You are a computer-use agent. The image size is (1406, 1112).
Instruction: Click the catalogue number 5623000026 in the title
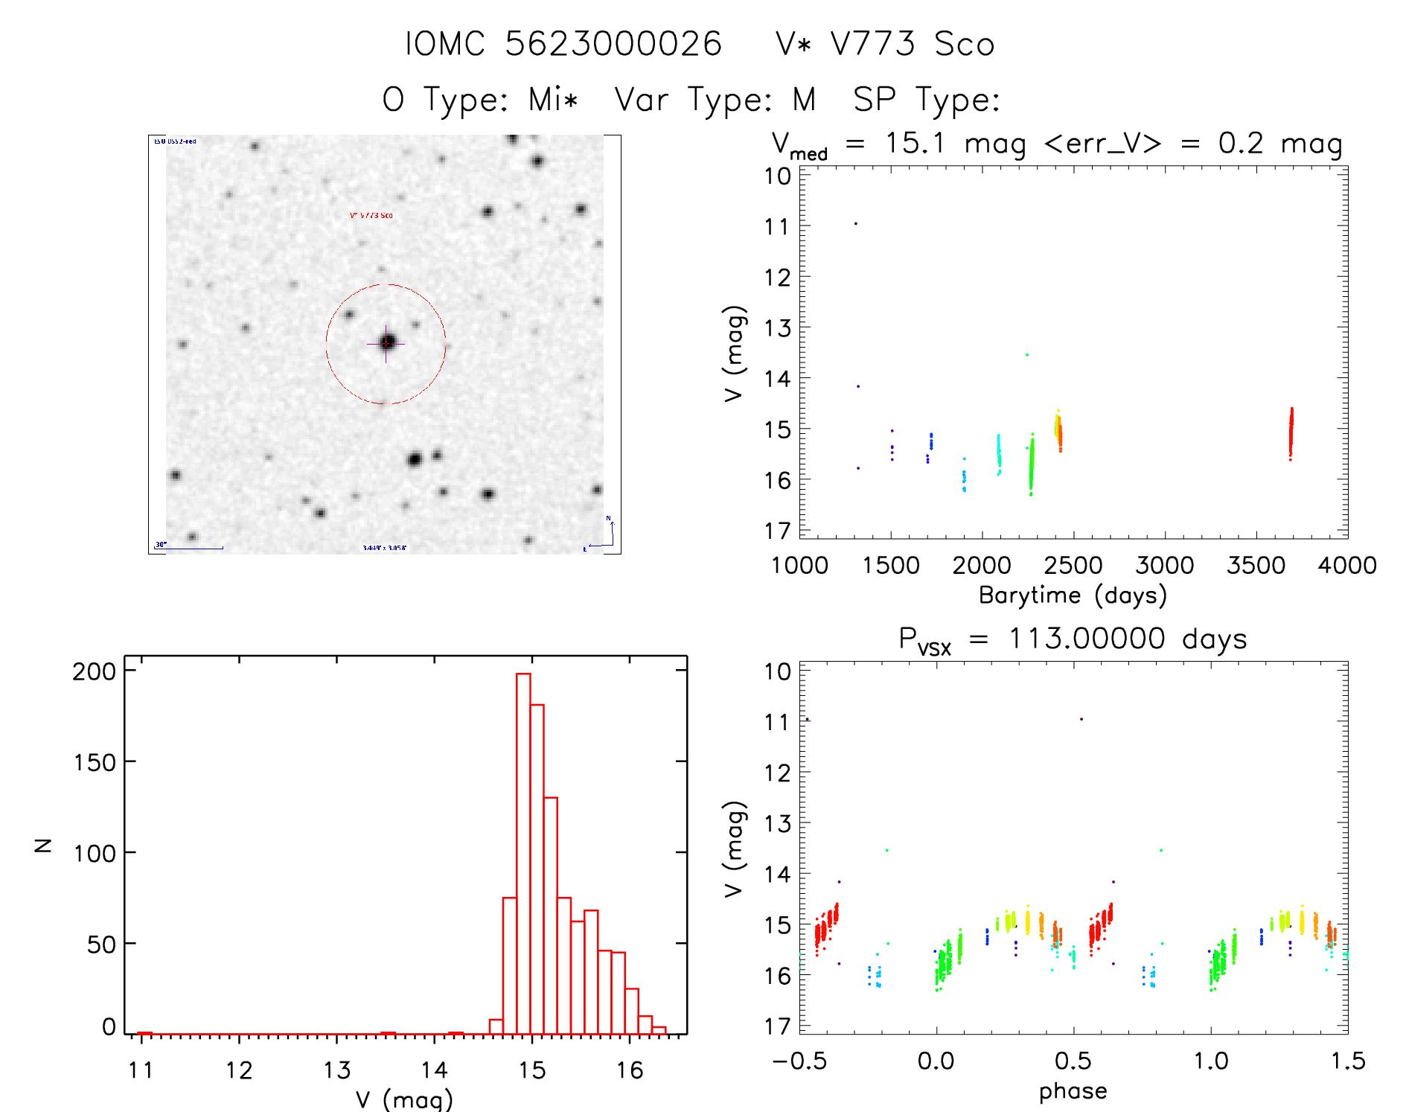click(613, 44)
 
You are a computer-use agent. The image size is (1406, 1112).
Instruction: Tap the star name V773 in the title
click(872, 44)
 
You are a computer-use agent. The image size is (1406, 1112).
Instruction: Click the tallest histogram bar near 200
click(523, 849)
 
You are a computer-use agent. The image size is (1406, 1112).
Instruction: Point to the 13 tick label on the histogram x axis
click(336, 1070)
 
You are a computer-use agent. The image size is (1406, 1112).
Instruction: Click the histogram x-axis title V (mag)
click(404, 1099)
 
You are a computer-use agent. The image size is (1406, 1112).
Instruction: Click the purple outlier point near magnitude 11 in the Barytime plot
click(856, 223)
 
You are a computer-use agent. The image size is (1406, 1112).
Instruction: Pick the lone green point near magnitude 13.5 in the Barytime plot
click(1027, 355)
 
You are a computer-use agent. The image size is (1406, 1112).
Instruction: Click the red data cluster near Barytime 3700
click(1291, 433)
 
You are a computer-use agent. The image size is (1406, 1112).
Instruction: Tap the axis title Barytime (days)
click(1073, 595)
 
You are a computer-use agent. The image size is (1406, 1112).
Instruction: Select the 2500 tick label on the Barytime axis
click(1073, 566)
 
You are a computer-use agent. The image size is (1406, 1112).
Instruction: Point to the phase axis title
click(1073, 1091)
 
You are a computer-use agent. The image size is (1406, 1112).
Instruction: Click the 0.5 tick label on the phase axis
click(1073, 1061)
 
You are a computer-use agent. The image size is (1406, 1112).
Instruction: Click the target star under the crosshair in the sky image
click(386, 342)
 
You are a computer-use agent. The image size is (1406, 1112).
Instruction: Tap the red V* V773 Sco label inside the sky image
click(371, 215)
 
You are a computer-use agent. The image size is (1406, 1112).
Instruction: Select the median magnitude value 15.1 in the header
click(914, 143)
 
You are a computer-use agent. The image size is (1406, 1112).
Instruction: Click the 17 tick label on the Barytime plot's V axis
click(777, 531)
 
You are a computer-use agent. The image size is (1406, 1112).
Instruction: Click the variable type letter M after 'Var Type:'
click(804, 99)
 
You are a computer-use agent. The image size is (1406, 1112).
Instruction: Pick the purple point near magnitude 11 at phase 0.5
click(1081, 719)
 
